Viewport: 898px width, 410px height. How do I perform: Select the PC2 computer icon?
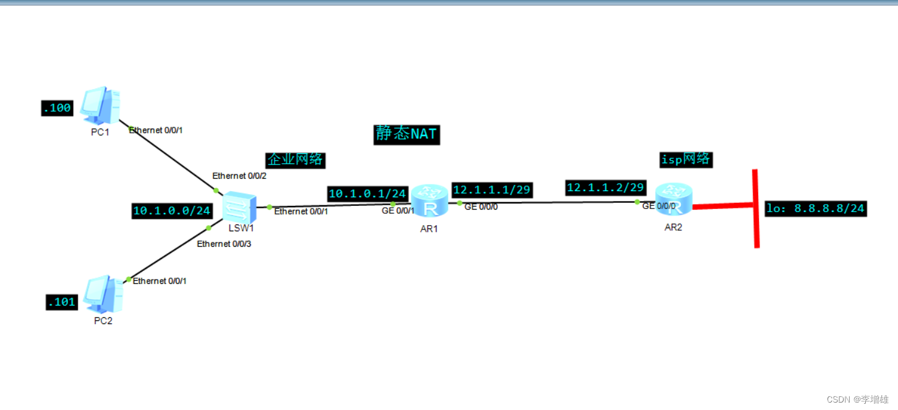click(x=103, y=294)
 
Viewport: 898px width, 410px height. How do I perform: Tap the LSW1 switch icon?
click(x=239, y=207)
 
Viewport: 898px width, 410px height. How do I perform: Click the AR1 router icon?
click(x=429, y=200)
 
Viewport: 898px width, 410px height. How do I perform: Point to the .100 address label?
click(x=56, y=109)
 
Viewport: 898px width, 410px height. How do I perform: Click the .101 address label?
click(x=61, y=302)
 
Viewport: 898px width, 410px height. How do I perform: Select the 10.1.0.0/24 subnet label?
click(x=172, y=211)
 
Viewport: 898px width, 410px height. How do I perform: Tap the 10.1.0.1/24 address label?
click(x=367, y=194)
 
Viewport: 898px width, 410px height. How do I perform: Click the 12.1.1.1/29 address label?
click(x=492, y=189)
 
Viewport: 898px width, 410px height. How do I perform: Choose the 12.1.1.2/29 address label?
click(x=605, y=187)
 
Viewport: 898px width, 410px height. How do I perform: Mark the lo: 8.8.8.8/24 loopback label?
click(x=815, y=208)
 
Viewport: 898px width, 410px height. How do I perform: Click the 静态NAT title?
click(x=406, y=134)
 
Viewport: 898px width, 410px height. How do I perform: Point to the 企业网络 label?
click(x=295, y=160)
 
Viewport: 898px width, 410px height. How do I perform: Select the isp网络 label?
click(x=686, y=159)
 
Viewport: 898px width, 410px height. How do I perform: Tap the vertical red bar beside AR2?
click(x=756, y=208)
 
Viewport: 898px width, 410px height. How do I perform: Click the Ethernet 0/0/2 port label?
click(x=239, y=176)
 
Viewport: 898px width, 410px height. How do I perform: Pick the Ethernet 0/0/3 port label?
click(x=224, y=244)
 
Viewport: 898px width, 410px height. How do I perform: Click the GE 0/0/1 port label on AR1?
click(x=398, y=211)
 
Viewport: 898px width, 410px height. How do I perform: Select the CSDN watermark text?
click(x=858, y=399)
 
